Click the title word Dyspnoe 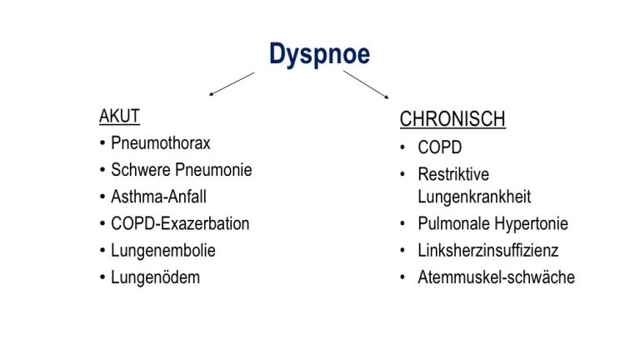pos(320,54)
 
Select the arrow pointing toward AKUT pos(232,84)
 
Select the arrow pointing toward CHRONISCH pos(366,84)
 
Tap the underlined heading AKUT pos(120,117)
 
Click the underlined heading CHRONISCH pos(452,119)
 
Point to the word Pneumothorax pos(160,143)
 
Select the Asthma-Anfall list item pos(158,197)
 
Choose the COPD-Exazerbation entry pos(180,223)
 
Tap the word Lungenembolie pos(163,251)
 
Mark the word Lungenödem pos(156,277)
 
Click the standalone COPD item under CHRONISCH pos(440,147)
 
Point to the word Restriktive pos(453,174)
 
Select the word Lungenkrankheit pos(474,197)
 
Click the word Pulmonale pos(452,223)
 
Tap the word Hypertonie pos(531,223)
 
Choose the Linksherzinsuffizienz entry pos(488,251)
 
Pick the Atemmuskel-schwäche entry pos(497,277)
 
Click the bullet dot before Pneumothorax pos(102,143)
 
